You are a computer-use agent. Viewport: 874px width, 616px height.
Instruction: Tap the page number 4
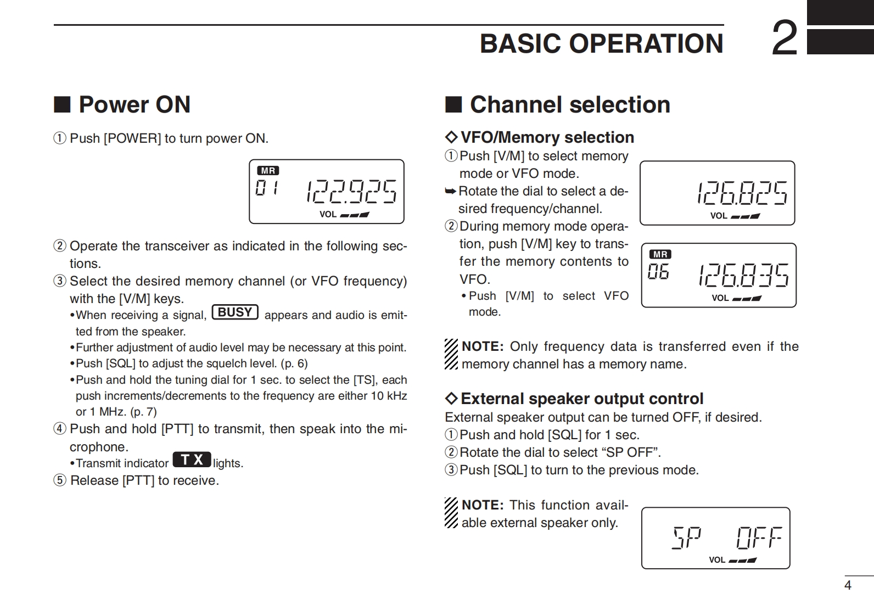coord(848,585)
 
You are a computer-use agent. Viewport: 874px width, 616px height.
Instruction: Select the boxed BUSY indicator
coord(235,312)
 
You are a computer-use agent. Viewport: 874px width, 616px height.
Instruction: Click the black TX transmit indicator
coord(192,460)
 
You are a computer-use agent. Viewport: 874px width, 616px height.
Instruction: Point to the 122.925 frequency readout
coord(351,191)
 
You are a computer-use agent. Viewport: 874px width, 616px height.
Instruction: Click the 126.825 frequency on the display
coord(742,193)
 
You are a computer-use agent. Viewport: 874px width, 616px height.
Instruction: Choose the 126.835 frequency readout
coord(743,275)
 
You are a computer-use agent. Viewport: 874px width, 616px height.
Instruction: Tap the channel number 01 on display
coord(267,188)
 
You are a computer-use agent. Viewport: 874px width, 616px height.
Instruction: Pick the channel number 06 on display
coord(658,271)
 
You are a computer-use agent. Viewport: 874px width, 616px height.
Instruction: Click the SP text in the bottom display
coord(687,537)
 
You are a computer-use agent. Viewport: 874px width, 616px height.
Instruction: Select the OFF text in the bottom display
coord(759,538)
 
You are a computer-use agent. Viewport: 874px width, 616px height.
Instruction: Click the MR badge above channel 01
coord(268,171)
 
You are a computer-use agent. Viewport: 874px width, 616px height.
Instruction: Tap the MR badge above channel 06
coord(660,254)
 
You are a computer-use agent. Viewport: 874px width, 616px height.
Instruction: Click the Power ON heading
coord(135,104)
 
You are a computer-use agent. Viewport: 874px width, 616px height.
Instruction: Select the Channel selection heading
coord(570,104)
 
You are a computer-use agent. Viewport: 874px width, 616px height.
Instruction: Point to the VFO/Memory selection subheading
coord(547,137)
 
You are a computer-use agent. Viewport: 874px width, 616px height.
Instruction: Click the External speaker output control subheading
coord(581,399)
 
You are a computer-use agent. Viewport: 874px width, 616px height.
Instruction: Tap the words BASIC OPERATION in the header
coord(602,43)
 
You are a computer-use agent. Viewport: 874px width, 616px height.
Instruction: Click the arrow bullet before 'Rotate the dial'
coord(450,191)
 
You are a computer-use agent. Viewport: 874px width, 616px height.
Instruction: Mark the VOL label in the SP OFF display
coord(716,560)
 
